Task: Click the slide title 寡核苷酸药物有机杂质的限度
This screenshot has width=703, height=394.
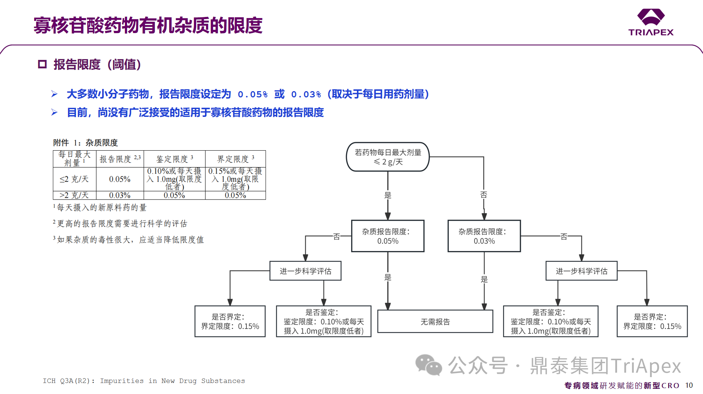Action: point(148,25)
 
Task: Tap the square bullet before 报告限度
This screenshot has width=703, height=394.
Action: point(42,64)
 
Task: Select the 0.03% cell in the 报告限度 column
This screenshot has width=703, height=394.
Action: point(120,195)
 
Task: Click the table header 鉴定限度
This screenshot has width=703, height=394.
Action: point(174,159)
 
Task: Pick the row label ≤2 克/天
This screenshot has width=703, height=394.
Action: point(74,179)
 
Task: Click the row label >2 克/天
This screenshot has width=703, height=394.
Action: point(74,195)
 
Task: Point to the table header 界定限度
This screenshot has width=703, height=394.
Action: point(235,159)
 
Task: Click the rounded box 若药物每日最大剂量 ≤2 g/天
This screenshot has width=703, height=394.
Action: point(387,157)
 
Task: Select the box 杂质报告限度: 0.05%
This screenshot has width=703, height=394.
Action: point(387,236)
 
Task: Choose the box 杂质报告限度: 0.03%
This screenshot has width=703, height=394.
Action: point(484,236)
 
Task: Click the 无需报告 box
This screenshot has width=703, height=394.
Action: point(435,322)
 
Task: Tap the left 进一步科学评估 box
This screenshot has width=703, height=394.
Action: point(305,271)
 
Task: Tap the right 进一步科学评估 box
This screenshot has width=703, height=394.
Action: point(581,271)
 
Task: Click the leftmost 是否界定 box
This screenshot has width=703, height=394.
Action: point(230,321)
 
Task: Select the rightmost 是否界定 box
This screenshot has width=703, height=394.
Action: point(652,321)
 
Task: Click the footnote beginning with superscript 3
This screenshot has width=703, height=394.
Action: point(129,240)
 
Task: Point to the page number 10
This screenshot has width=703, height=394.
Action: point(689,385)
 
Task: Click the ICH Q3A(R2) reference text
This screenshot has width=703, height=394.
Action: point(144,381)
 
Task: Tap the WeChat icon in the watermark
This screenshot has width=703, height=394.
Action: point(428,365)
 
